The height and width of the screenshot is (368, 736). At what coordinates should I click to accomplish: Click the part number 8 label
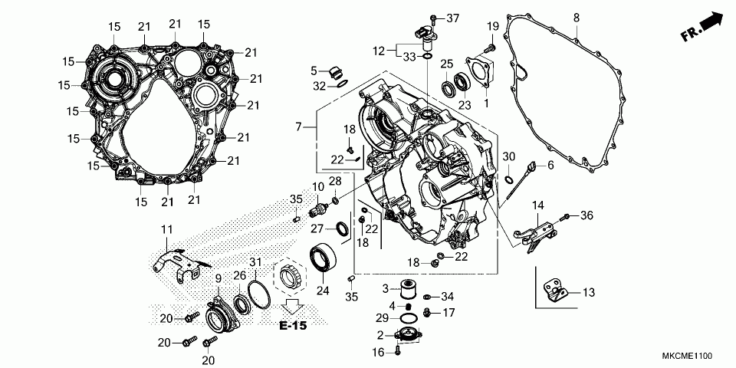(577, 17)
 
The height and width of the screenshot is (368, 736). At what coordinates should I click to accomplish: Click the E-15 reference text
(293, 326)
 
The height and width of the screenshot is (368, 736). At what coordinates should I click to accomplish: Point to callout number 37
(452, 17)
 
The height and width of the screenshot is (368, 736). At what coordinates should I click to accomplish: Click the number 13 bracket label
(589, 292)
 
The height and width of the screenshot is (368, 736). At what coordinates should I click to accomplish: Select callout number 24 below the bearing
(322, 291)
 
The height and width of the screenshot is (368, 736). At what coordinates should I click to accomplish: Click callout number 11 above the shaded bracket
(167, 229)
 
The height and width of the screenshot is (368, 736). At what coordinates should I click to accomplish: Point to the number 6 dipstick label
(550, 166)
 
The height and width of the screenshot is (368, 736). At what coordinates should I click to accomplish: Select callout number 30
(508, 156)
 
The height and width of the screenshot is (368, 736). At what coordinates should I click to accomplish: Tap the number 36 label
(587, 215)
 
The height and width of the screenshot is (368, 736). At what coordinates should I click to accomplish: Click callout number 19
(492, 28)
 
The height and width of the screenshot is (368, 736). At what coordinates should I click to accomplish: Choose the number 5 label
(314, 71)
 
